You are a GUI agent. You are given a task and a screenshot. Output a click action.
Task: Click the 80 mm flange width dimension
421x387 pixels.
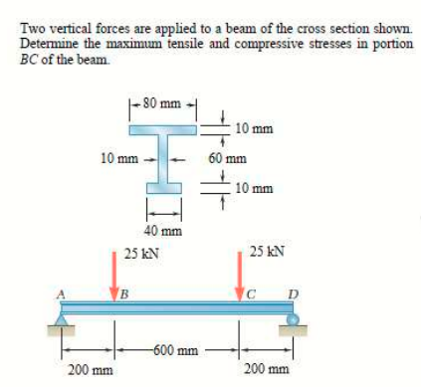(161, 100)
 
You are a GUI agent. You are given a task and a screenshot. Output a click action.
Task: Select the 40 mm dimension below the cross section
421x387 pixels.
(162, 231)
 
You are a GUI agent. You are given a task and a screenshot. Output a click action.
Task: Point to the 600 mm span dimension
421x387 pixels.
(176, 349)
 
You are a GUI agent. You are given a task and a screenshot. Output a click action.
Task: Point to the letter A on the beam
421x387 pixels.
(61, 291)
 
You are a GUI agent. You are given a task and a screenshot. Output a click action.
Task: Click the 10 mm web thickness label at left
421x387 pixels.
(117, 157)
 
